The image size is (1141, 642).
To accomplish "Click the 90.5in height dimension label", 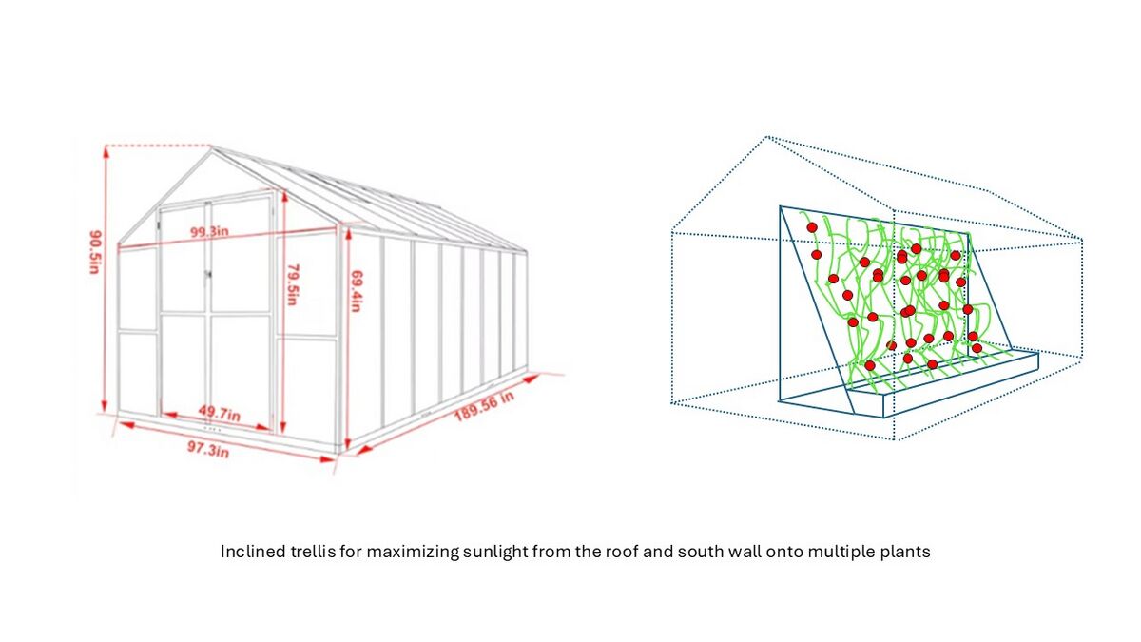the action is coord(96,252).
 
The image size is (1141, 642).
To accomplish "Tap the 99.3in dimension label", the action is coord(209,232).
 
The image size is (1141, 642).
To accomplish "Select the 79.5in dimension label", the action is coord(293,284).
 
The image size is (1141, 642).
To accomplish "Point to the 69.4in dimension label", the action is coord(356,290).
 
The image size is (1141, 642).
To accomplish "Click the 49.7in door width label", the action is coord(219,413).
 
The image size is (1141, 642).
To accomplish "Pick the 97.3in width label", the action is coord(208,449).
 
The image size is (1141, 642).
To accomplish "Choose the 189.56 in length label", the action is coord(484,405).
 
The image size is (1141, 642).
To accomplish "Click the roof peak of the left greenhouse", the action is coord(211,147).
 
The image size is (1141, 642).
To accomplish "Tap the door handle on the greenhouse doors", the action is coord(208,275).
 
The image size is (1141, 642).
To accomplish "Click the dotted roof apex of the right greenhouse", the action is coord(767,137).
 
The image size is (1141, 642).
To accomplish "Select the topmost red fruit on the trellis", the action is coord(812,227).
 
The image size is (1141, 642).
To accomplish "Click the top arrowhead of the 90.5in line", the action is coord(106,151).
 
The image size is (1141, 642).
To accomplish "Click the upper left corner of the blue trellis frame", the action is coord(780,206).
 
